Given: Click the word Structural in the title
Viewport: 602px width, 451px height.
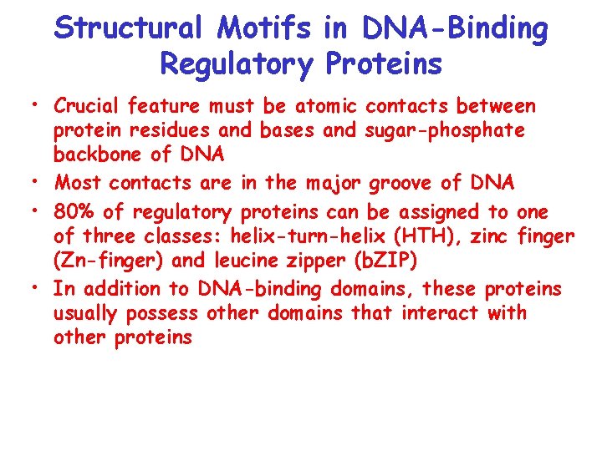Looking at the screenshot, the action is pos(128,30).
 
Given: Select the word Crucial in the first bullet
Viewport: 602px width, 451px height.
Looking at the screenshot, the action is pos(86,106).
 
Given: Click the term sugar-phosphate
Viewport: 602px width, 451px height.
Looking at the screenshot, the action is pos(456,130).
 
